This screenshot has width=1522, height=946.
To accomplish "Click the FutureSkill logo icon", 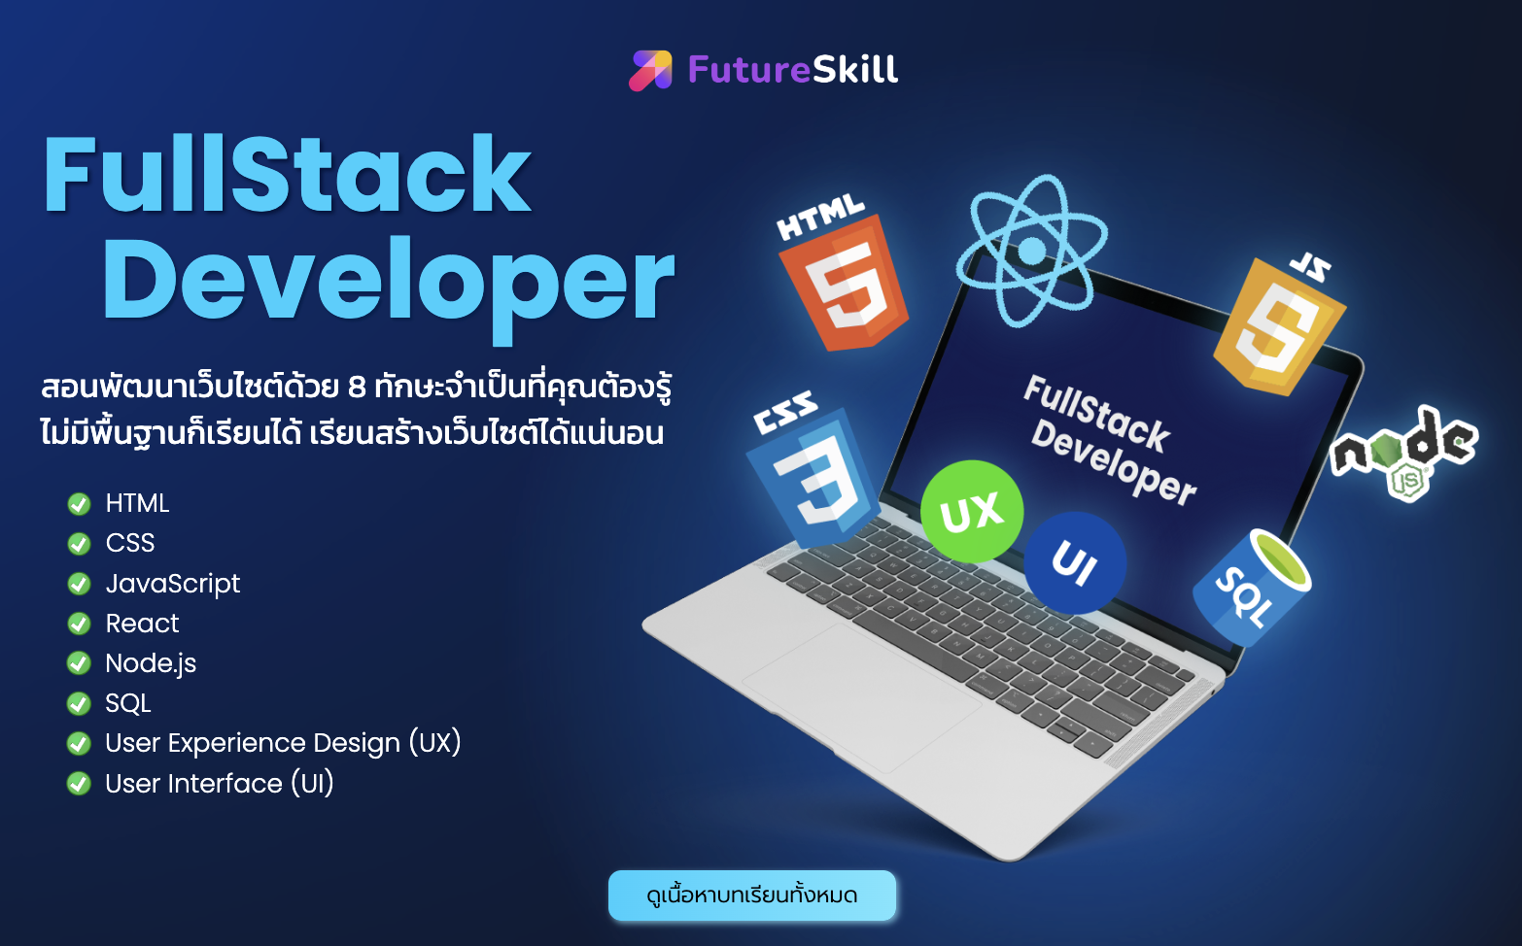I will (x=650, y=70).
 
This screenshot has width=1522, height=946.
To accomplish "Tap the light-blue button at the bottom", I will (x=752, y=895).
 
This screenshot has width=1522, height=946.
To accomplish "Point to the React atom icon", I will (x=1032, y=251).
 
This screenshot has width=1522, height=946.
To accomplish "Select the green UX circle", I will (x=971, y=511).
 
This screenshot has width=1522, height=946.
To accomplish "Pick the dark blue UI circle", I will (x=1075, y=562).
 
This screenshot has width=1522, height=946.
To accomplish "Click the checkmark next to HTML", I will (x=79, y=503).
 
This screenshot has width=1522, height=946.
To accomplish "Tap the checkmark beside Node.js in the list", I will (x=79, y=663).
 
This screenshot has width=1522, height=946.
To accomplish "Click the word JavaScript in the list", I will (x=172, y=583).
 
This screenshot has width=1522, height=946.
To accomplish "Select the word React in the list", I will (x=142, y=624).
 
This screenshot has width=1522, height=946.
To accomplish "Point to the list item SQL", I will (x=128, y=703).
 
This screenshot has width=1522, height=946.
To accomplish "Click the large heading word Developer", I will (x=388, y=282).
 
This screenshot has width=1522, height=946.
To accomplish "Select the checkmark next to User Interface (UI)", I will (x=79, y=783).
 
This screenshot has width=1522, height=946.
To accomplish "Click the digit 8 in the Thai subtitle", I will (x=357, y=388).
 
